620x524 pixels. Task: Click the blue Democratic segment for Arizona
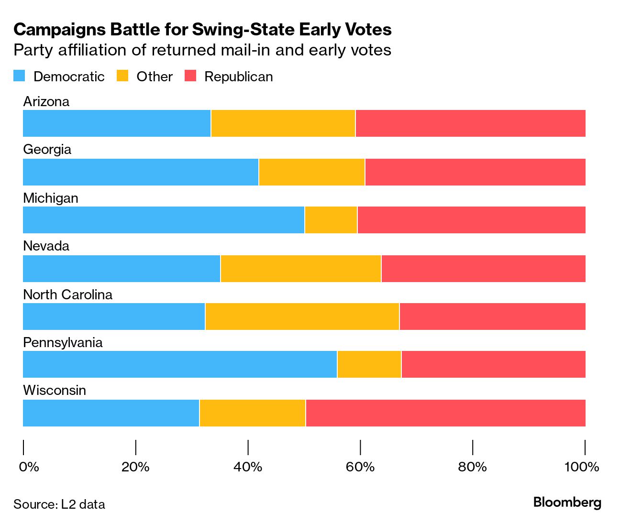pyautogui.click(x=117, y=123)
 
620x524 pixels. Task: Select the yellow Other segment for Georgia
pyautogui.click(x=311, y=172)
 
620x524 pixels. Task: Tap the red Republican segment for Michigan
pyautogui.click(x=471, y=220)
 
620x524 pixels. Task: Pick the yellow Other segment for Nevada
pyautogui.click(x=301, y=269)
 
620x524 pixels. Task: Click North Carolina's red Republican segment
pyautogui.click(x=492, y=317)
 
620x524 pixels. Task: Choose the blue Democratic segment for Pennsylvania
pyautogui.click(x=180, y=364)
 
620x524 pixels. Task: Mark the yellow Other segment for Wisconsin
pyautogui.click(x=252, y=413)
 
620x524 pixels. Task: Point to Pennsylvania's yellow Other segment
pyautogui.click(x=369, y=364)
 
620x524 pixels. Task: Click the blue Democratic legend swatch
pyautogui.click(x=19, y=76)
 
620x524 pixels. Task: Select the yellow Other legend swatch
pyautogui.click(x=122, y=76)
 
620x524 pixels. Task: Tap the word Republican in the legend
pyautogui.click(x=238, y=76)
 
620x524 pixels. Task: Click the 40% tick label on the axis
pyautogui.click(x=248, y=467)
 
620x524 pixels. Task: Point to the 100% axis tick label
pyautogui.click(x=582, y=467)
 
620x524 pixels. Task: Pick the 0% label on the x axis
pyautogui.click(x=29, y=467)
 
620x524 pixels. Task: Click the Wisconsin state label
pyautogui.click(x=55, y=390)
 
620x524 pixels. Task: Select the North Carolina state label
pyautogui.click(x=67, y=295)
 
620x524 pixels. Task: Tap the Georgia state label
pyautogui.click(x=47, y=149)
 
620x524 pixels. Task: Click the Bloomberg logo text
pyautogui.click(x=567, y=502)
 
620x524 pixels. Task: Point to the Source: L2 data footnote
pyautogui.click(x=59, y=504)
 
